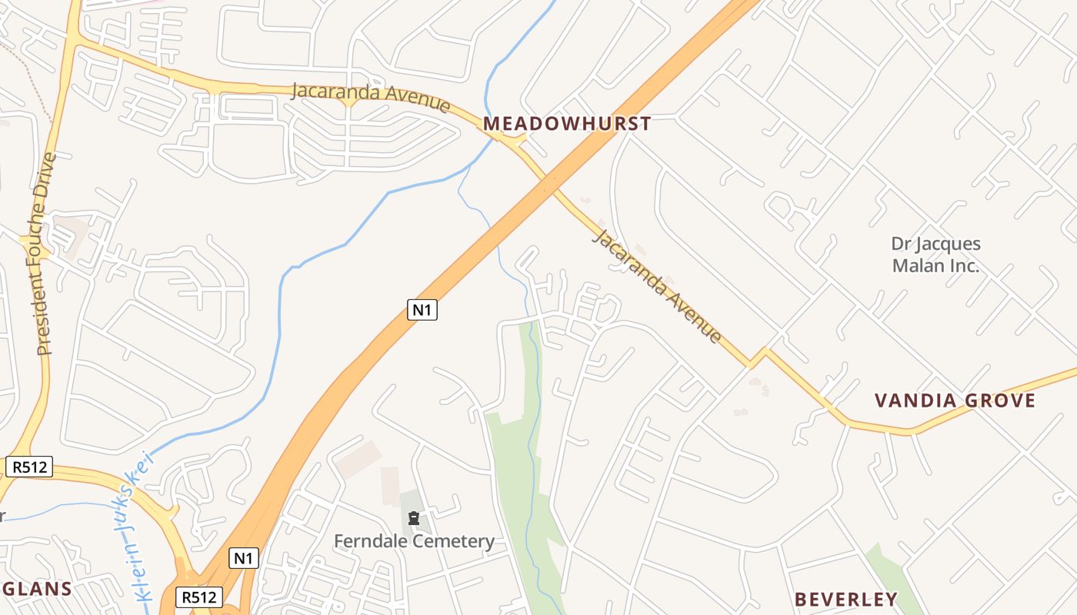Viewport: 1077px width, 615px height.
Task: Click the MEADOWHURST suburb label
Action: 567,124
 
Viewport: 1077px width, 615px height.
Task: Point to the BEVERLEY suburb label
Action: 845,600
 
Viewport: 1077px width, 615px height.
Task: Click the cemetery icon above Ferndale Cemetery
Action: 414,518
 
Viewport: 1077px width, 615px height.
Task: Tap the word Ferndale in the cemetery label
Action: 369,541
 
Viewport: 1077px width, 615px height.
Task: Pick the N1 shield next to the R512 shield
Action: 243,558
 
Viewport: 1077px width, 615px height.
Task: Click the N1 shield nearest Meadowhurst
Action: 422,310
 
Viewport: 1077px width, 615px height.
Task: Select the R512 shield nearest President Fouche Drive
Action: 29,467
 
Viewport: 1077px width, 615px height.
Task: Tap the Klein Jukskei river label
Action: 136,527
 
